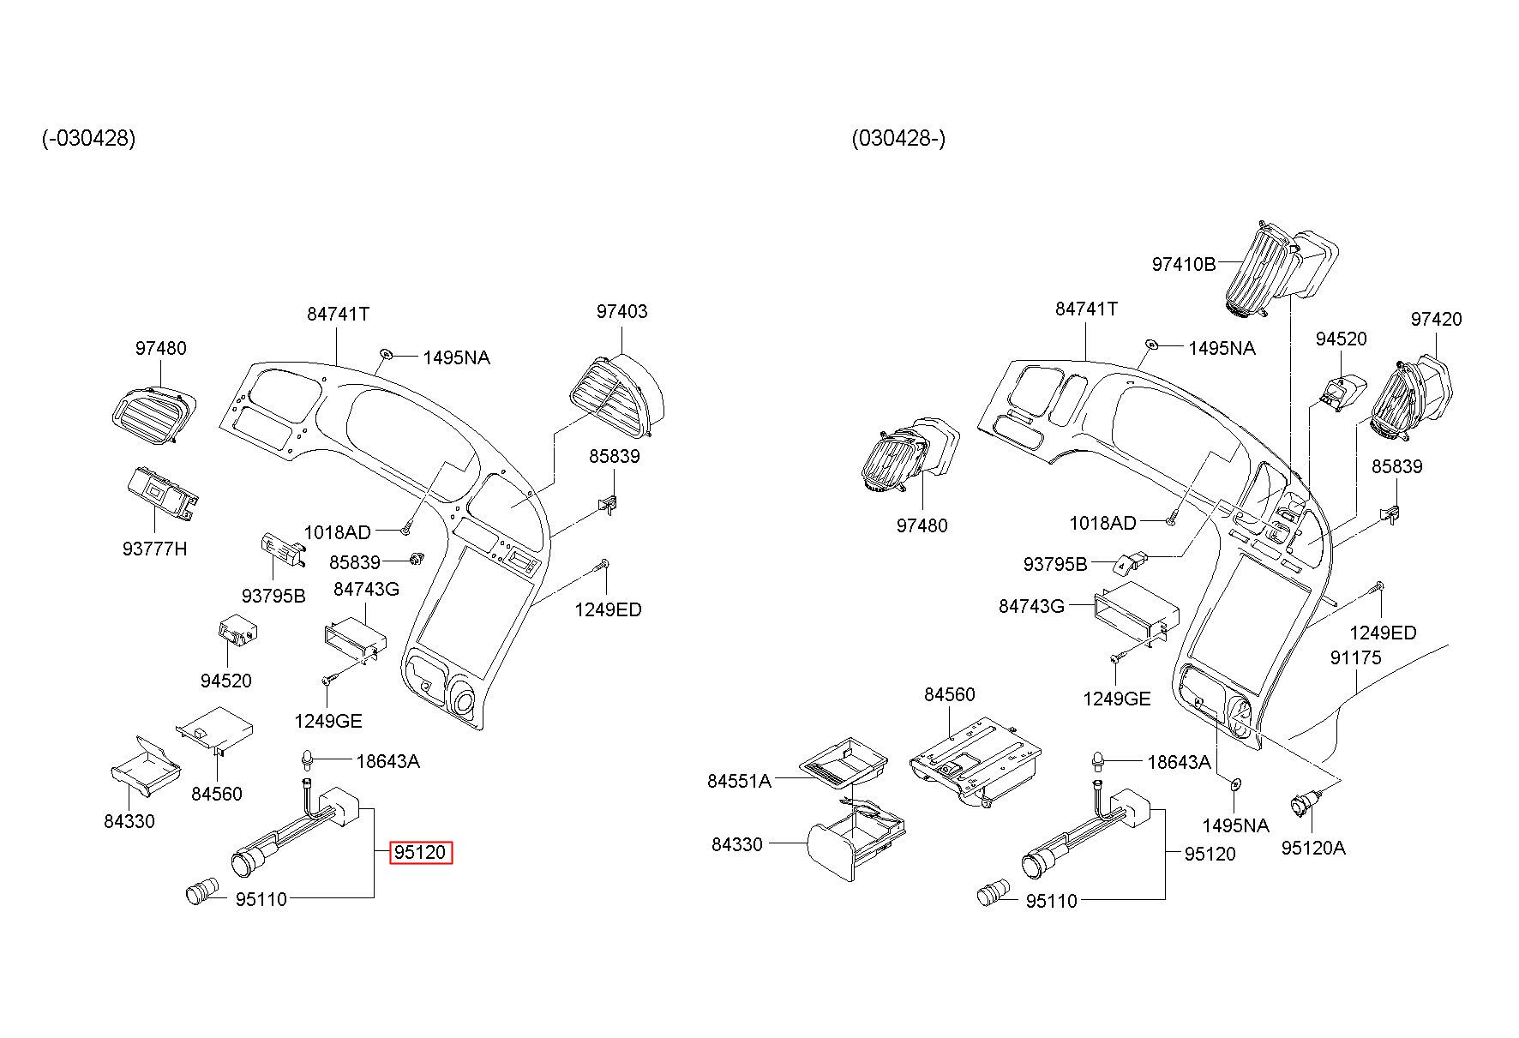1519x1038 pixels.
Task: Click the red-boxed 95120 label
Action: click(420, 853)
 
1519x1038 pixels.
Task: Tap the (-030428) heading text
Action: click(88, 138)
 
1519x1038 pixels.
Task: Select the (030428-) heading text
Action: click(898, 138)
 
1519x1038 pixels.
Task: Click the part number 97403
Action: click(621, 312)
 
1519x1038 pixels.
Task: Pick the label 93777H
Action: click(154, 549)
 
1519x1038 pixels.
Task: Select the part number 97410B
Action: click(1183, 264)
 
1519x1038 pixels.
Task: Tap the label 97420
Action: click(1436, 320)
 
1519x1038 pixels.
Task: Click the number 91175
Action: click(1355, 657)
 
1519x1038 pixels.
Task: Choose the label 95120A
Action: click(1312, 849)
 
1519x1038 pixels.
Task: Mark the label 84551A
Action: click(739, 781)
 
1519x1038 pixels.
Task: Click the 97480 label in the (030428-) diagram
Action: click(922, 525)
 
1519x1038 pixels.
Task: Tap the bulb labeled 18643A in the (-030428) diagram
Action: click(304, 759)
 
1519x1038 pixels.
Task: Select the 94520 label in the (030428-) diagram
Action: click(1341, 339)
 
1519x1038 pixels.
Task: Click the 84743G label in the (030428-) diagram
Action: click(1031, 607)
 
